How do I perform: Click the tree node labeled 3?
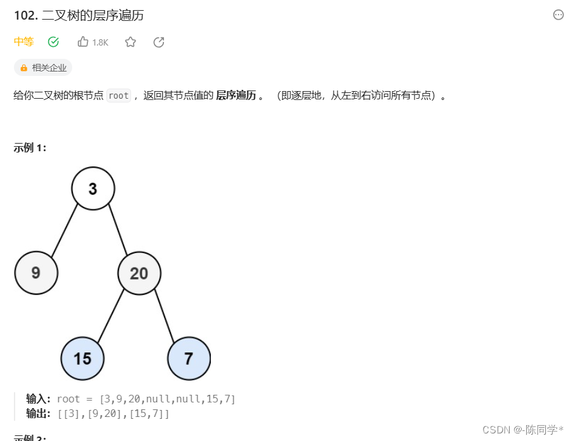(93, 189)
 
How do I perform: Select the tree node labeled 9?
(36, 273)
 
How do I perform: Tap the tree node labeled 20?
(139, 273)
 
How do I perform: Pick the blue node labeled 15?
(82, 359)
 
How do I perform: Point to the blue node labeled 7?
(189, 359)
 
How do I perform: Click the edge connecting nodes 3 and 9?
(65, 230)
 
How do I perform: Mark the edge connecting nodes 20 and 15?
(111, 316)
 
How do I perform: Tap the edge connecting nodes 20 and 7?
(165, 315)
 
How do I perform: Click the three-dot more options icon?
(558, 15)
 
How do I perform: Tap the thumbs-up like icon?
(83, 42)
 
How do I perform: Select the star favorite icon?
(130, 42)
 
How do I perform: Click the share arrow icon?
(159, 42)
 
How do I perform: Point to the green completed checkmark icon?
(53, 42)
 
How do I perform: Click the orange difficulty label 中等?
(23, 42)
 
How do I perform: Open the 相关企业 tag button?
(43, 68)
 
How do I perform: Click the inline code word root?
(118, 96)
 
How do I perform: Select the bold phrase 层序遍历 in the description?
(236, 96)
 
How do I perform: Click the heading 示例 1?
(30, 148)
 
